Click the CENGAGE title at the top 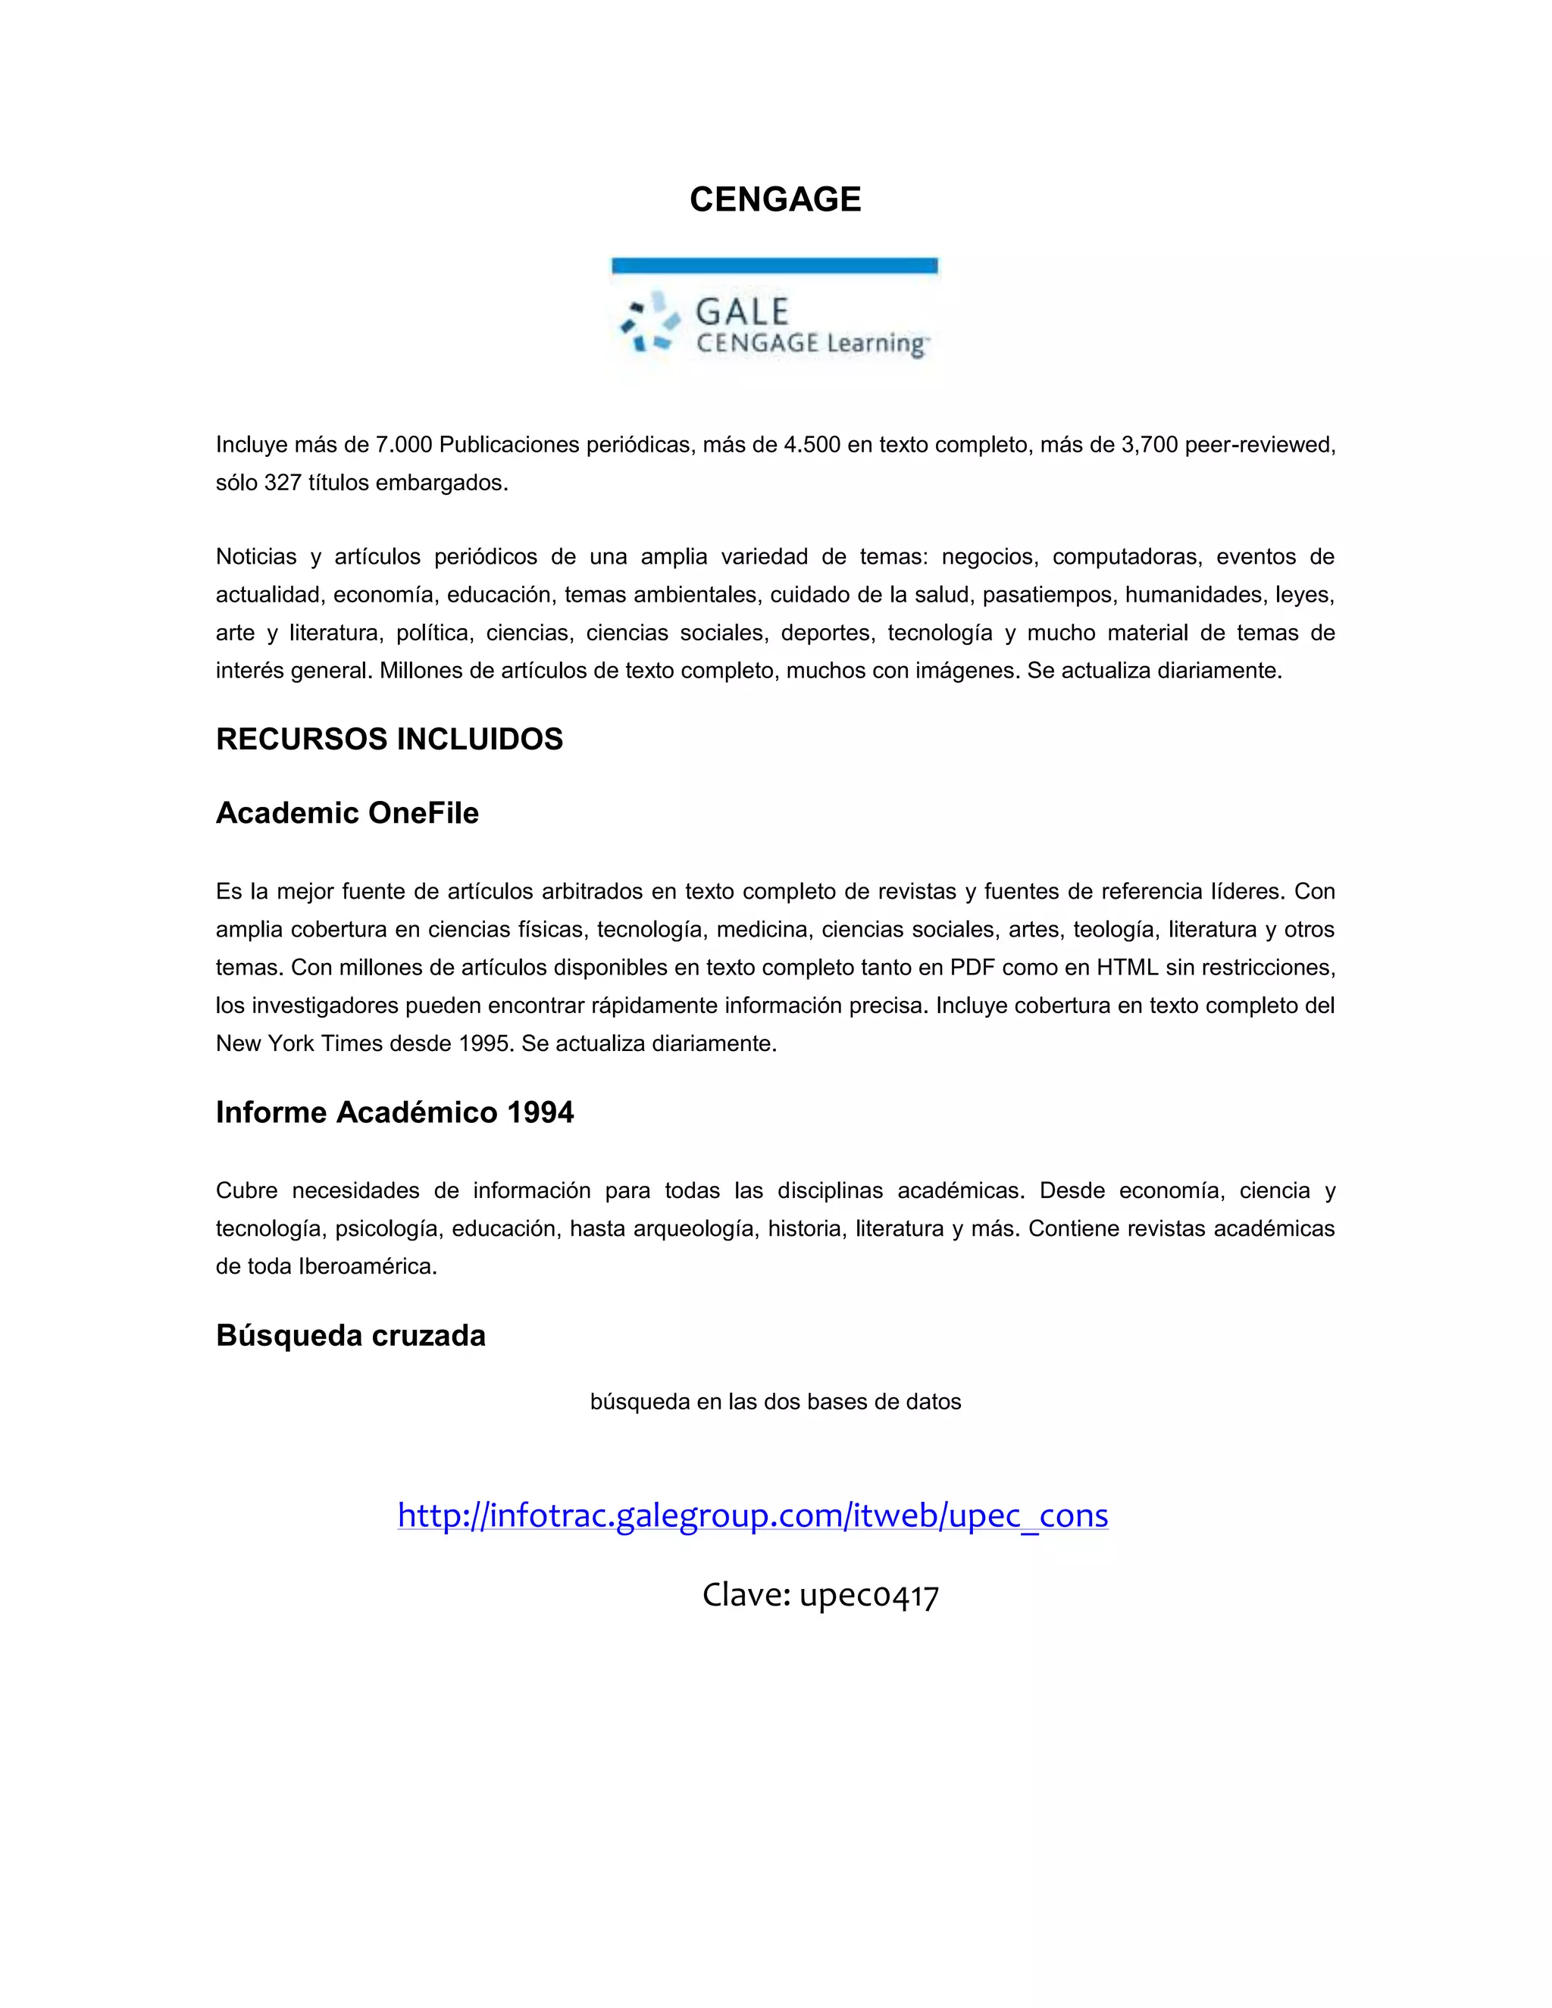775,199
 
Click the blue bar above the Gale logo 774,266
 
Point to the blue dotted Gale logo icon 650,322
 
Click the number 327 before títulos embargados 283,483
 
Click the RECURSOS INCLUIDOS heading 389,740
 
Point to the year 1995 487,1043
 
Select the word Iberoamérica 367,1266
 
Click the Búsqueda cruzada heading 350,1335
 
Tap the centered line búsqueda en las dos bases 775,1401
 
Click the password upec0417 869,1594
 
